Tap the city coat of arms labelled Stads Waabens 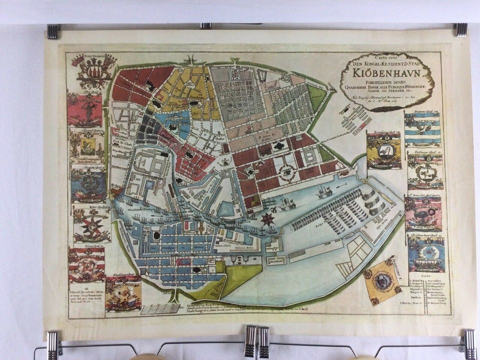pos(93,70)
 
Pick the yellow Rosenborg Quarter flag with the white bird pos(383,150)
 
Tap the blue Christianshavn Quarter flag pos(425,254)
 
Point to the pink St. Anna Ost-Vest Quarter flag pos(423,213)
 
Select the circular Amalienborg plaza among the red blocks pos(288,173)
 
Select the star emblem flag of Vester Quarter pos(92,225)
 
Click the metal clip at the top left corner pos(53,31)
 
